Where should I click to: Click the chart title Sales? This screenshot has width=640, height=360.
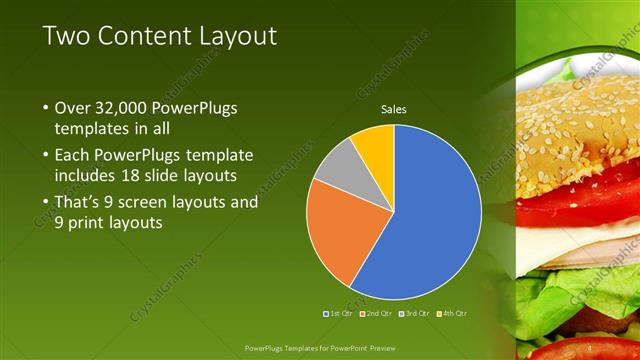(x=394, y=109)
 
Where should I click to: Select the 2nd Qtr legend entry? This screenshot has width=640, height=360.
(x=376, y=313)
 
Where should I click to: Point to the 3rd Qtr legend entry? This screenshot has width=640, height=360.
(x=413, y=313)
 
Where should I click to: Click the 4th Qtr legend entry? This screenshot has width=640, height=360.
(x=451, y=313)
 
